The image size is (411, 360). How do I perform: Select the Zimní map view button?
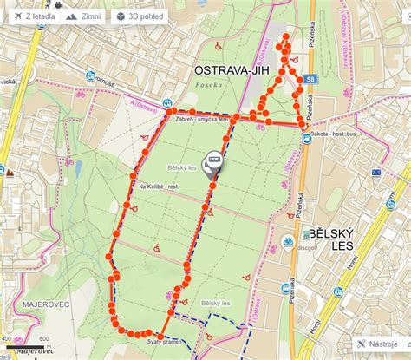(x=84, y=16)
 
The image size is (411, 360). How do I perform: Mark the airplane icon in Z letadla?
(x=14, y=16)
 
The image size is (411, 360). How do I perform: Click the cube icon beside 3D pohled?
(x=120, y=16)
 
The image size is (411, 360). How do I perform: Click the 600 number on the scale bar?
(x=43, y=338)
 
